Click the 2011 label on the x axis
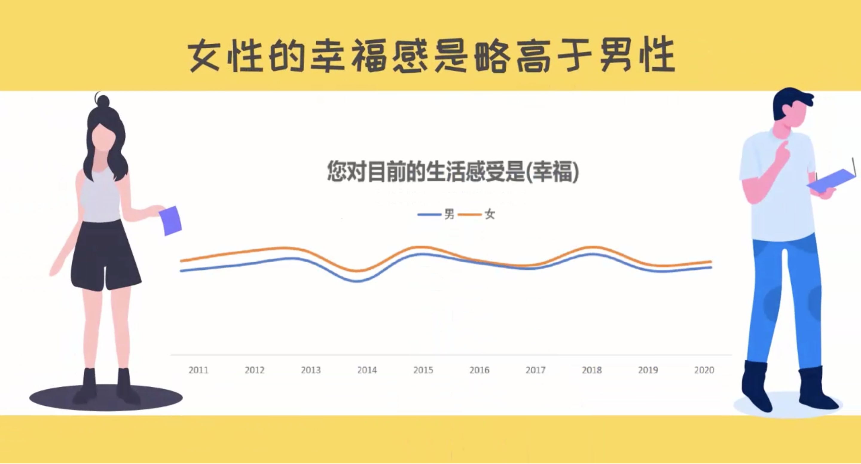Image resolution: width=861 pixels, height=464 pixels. pos(198,370)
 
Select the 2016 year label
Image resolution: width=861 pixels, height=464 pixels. pos(479,370)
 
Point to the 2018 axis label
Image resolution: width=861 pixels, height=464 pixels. pos(592,370)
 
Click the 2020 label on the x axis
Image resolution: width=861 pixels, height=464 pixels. pos(704,370)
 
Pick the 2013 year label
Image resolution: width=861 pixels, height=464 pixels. pos(311,370)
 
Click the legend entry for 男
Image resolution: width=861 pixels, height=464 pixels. pos(436,214)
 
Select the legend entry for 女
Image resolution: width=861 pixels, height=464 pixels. pos(476,214)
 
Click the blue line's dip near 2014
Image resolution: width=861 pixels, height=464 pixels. pos(357,281)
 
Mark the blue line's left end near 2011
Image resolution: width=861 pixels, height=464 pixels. pos(181,271)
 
